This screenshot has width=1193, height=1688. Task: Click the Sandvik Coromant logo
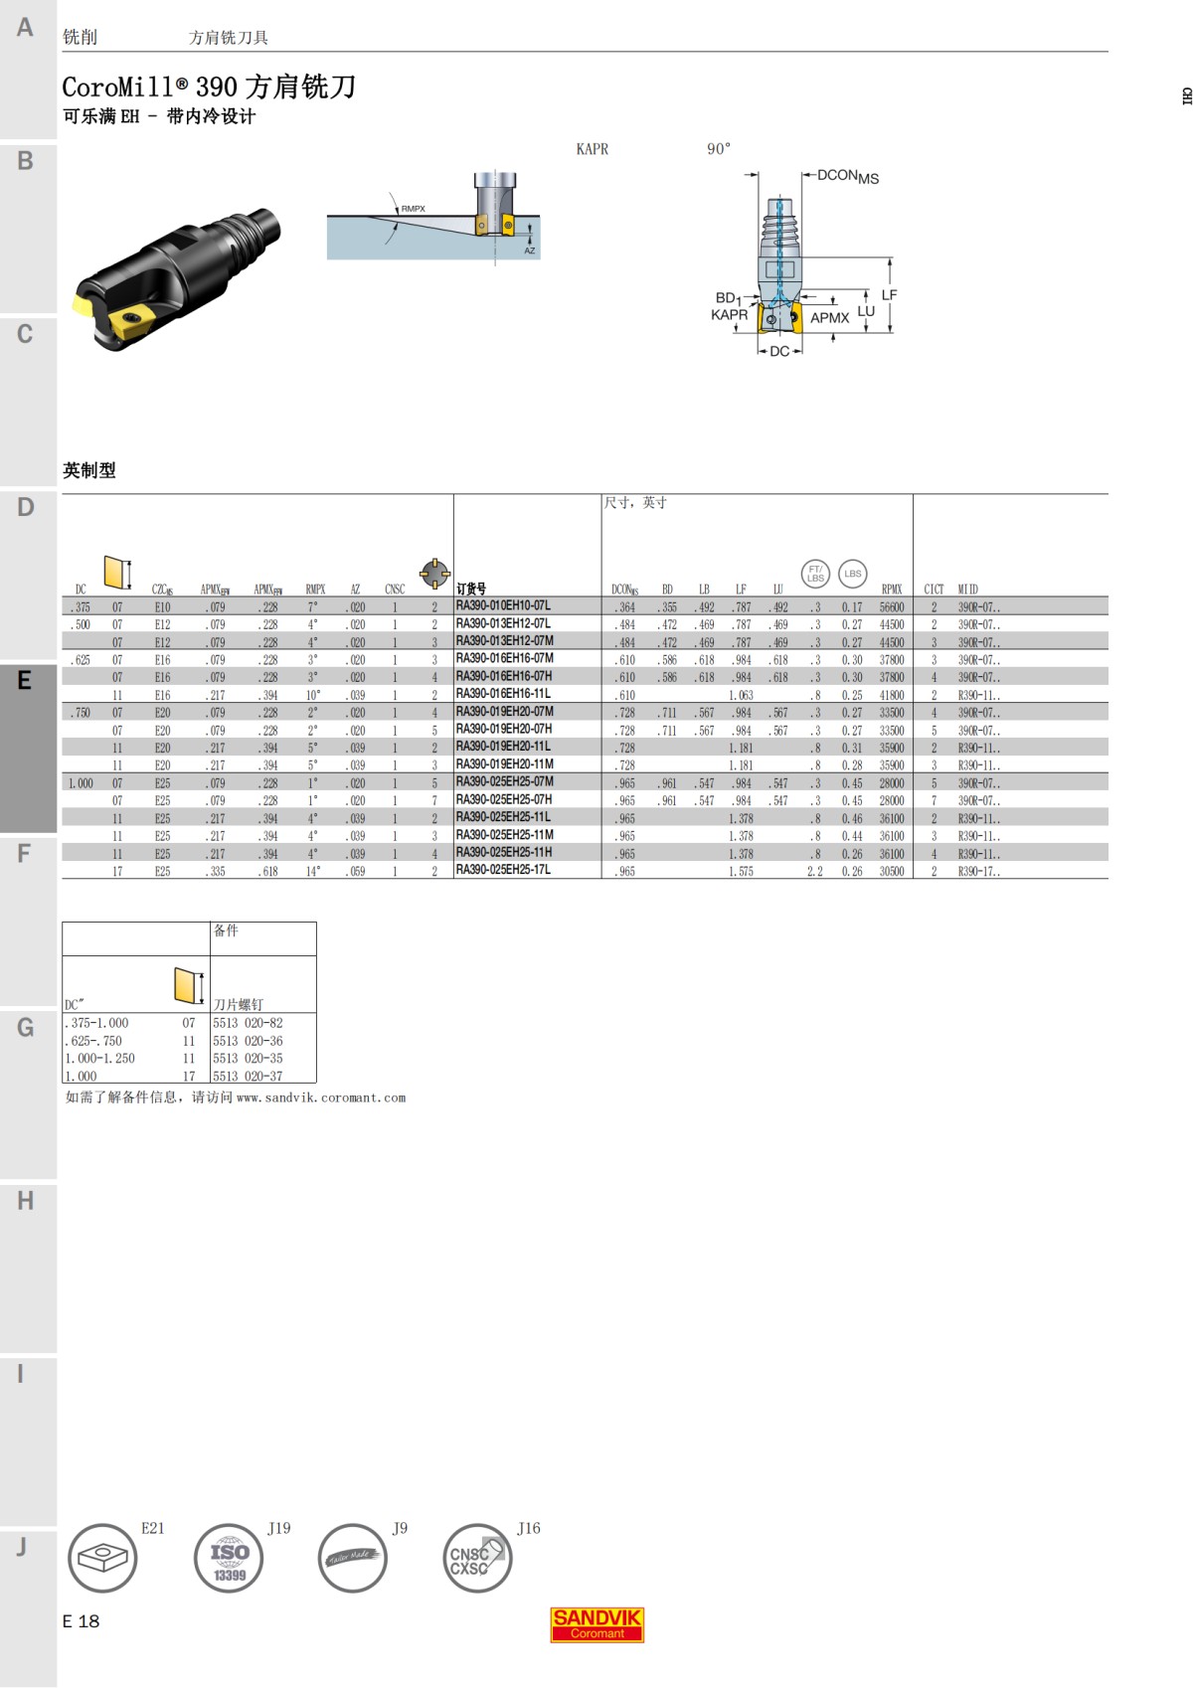pos(596,1624)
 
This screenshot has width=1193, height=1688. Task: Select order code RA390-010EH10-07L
pos(503,605)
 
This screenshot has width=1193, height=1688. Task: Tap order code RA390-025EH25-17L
pos(503,870)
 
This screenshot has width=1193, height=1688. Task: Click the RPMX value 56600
pos(892,607)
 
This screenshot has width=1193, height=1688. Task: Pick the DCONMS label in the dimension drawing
pos(847,177)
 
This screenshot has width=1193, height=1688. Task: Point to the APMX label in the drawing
pos(829,318)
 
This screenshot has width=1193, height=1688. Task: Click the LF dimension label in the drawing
pos(889,295)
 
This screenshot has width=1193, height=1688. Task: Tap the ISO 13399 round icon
pos(229,1558)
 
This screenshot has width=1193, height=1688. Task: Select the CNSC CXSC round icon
pos(476,1558)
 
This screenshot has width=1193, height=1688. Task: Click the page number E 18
pos(81,1621)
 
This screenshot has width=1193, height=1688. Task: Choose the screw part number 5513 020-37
pos(248,1077)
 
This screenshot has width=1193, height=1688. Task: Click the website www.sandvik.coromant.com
pos(321,1098)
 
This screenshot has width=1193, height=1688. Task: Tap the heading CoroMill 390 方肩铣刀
pos(209,87)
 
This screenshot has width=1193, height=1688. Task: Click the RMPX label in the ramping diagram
pos(413,209)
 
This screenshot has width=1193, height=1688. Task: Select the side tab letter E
pos(25,681)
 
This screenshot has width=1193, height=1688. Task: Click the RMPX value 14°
pos(313,872)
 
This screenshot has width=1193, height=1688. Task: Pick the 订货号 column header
pos(471,590)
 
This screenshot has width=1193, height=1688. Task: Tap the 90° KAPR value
pos(718,149)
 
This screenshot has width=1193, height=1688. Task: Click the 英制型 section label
pos(89,470)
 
